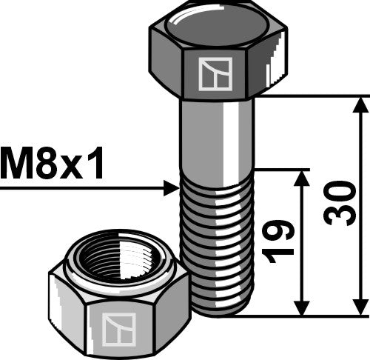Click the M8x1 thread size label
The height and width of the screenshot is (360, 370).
[x=53, y=164]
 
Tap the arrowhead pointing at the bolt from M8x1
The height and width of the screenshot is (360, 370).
[x=172, y=190]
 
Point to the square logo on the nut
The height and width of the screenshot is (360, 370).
[x=118, y=327]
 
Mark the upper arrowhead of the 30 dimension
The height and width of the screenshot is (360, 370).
[x=360, y=104]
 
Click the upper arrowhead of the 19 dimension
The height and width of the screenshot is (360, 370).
[x=302, y=177]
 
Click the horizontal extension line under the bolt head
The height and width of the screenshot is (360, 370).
[x=311, y=96]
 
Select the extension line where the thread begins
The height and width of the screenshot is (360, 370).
[x=281, y=169]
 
